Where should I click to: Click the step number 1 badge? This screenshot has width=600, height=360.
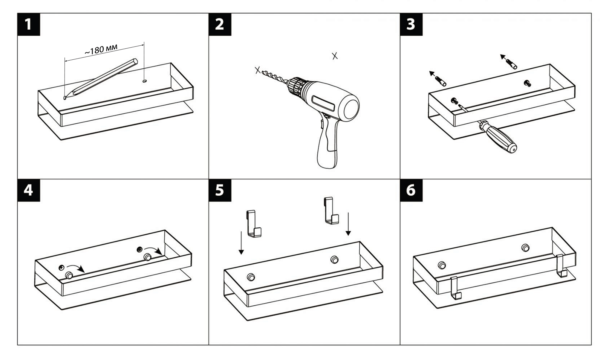click(28, 24)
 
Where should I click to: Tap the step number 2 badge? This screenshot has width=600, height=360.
click(220, 24)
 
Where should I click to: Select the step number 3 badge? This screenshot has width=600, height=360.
click(411, 24)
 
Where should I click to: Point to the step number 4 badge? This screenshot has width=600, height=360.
click(28, 190)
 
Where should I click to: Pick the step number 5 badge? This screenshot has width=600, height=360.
click(220, 190)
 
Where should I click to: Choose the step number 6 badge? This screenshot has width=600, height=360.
click(411, 190)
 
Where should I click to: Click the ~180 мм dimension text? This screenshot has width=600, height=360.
click(101, 49)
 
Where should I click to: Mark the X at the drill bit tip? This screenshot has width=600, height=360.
click(257, 70)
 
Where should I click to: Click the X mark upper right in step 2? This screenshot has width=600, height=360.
click(335, 56)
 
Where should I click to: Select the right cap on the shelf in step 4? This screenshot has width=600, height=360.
click(147, 257)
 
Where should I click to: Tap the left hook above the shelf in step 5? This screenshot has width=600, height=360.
click(254, 223)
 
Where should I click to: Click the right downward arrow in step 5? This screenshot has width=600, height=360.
click(348, 224)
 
